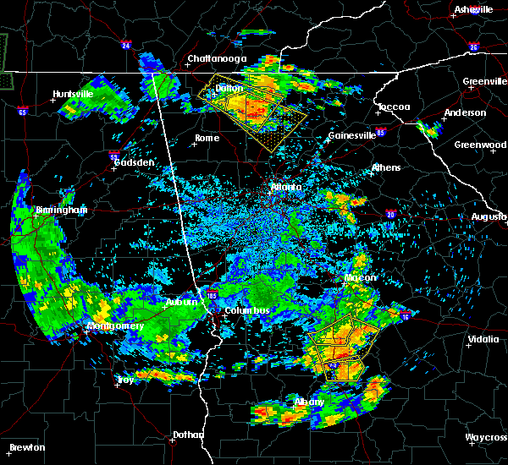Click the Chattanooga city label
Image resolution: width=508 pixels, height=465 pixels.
pos(217,58)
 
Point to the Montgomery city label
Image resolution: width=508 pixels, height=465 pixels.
pos(115,325)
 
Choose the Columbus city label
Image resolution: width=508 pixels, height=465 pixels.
pos(246,310)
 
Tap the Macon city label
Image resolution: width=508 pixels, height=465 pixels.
pos(360,277)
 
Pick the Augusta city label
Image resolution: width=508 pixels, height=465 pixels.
pos(489,217)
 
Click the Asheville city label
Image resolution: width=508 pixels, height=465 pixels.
pos(473,9)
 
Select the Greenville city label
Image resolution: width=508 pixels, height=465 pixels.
pos(484,82)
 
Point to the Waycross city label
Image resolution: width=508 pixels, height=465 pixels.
pos(486,437)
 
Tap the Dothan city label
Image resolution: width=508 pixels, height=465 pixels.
pos(188,435)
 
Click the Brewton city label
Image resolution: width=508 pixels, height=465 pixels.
pos(27,447)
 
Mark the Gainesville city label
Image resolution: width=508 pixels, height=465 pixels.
pos(352,135)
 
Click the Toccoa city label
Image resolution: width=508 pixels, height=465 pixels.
pos(394,107)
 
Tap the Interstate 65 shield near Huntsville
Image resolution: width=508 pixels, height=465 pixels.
pos(22,111)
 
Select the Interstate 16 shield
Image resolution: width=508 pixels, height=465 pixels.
pos(406,316)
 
